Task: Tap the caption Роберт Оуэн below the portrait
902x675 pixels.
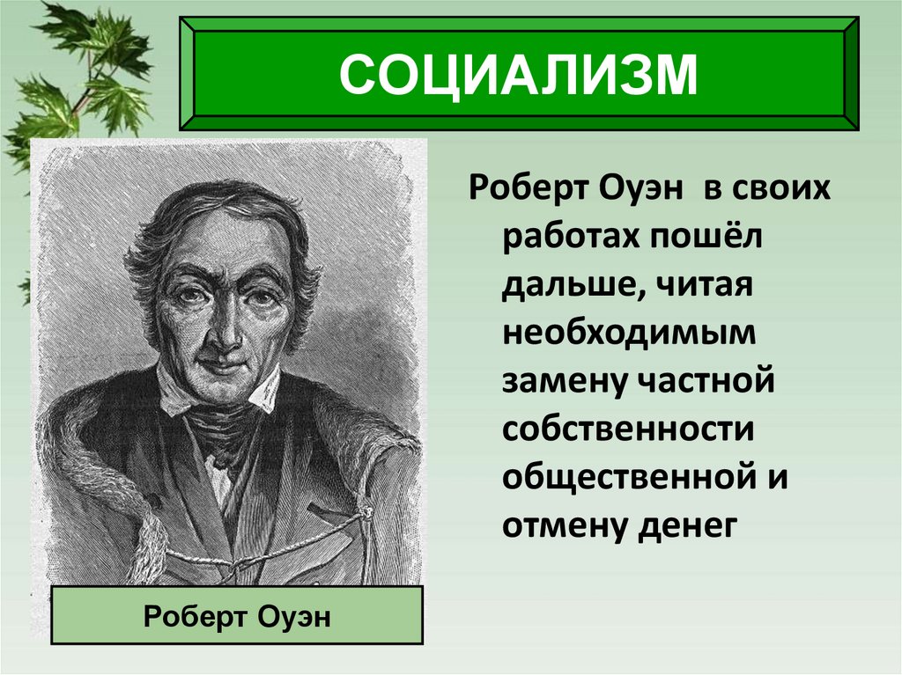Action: (x=237, y=615)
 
